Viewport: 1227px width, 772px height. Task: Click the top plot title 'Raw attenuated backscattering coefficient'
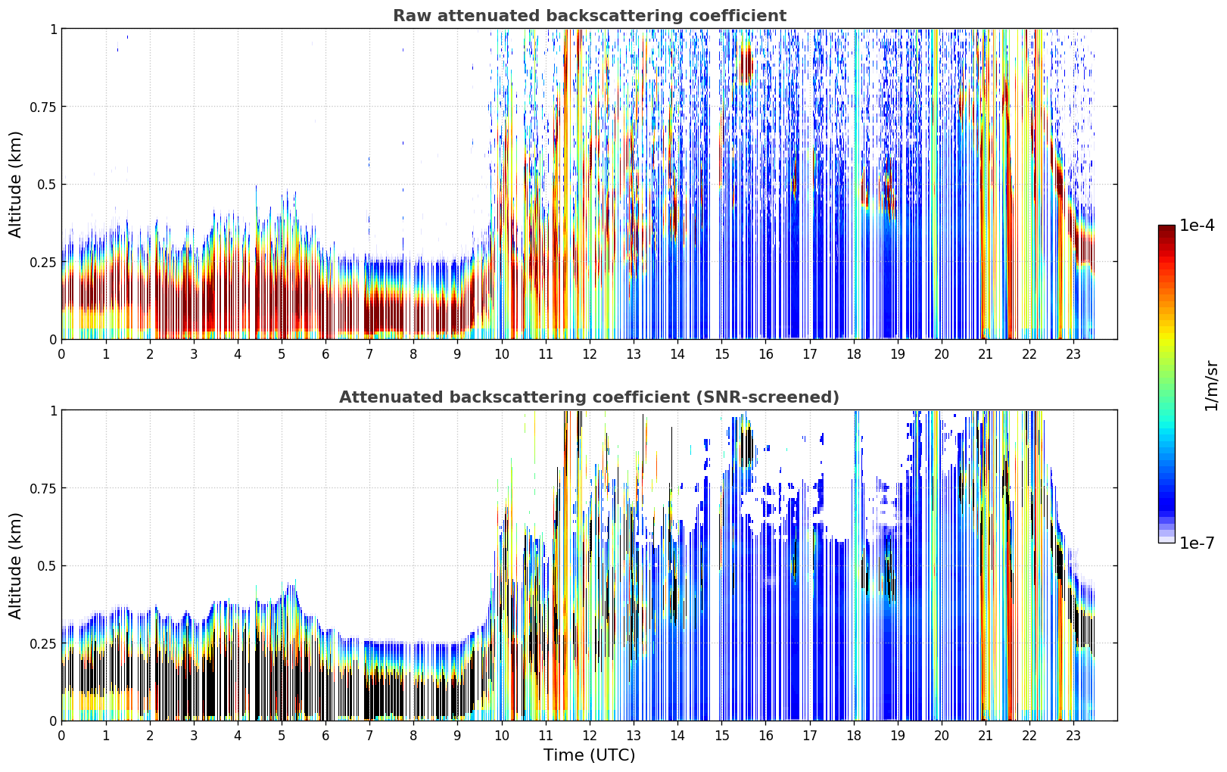click(590, 15)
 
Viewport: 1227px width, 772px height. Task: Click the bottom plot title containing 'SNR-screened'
click(590, 397)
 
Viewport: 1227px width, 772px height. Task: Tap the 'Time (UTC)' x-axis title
click(590, 755)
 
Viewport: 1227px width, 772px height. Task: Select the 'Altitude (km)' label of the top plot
click(15, 185)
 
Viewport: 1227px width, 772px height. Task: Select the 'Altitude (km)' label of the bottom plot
click(15, 565)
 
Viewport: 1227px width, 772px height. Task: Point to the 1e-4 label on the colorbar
click(1197, 225)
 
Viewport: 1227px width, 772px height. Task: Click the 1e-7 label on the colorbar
click(1197, 543)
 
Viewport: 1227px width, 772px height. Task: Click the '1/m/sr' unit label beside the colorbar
click(1211, 385)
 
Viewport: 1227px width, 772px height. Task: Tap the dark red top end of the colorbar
click(1166, 229)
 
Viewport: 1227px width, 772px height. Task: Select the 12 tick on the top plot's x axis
click(590, 354)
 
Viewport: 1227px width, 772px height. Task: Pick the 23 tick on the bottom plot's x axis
click(1073, 736)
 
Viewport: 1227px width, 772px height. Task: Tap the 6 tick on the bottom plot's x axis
click(325, 736)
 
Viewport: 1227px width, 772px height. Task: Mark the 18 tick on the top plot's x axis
click(853, 354)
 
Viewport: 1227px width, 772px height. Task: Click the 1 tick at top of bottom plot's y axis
click(54, 410)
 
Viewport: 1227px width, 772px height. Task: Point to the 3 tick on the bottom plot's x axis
click(193, 736)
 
